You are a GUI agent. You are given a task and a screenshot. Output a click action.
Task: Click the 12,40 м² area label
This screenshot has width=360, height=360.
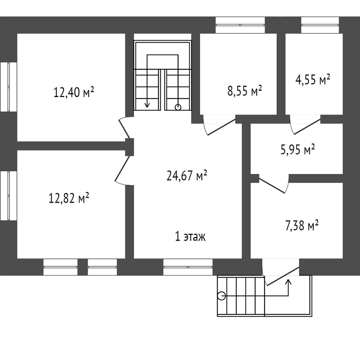(x=74, y=92)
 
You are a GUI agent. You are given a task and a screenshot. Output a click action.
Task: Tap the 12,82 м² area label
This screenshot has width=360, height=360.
(x=69, y=198)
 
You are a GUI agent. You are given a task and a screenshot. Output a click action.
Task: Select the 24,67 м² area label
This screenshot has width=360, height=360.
(x=187, y=176)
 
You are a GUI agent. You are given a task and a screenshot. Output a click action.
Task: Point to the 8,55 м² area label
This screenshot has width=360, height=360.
(x=245, y=91)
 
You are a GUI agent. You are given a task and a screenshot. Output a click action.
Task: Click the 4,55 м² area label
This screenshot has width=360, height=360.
(x=313, y=80)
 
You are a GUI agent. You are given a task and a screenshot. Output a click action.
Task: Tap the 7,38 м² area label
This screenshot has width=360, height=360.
(x=301, y=226)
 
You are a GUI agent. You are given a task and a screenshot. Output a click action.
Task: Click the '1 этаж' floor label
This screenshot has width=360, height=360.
(x=190, y=237)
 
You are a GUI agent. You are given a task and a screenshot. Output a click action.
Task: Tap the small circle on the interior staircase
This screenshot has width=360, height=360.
(x=178, y=107)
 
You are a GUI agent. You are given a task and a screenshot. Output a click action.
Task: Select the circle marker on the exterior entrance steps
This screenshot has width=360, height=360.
(x=222, y=296)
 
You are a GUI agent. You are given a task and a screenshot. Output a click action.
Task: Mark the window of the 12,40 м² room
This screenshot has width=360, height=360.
(x=8, y=87)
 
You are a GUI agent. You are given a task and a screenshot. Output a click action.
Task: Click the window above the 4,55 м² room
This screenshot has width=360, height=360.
(x=320, y=25)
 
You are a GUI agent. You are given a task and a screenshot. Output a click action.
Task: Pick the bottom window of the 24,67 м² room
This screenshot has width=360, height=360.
(x=188, y=267)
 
